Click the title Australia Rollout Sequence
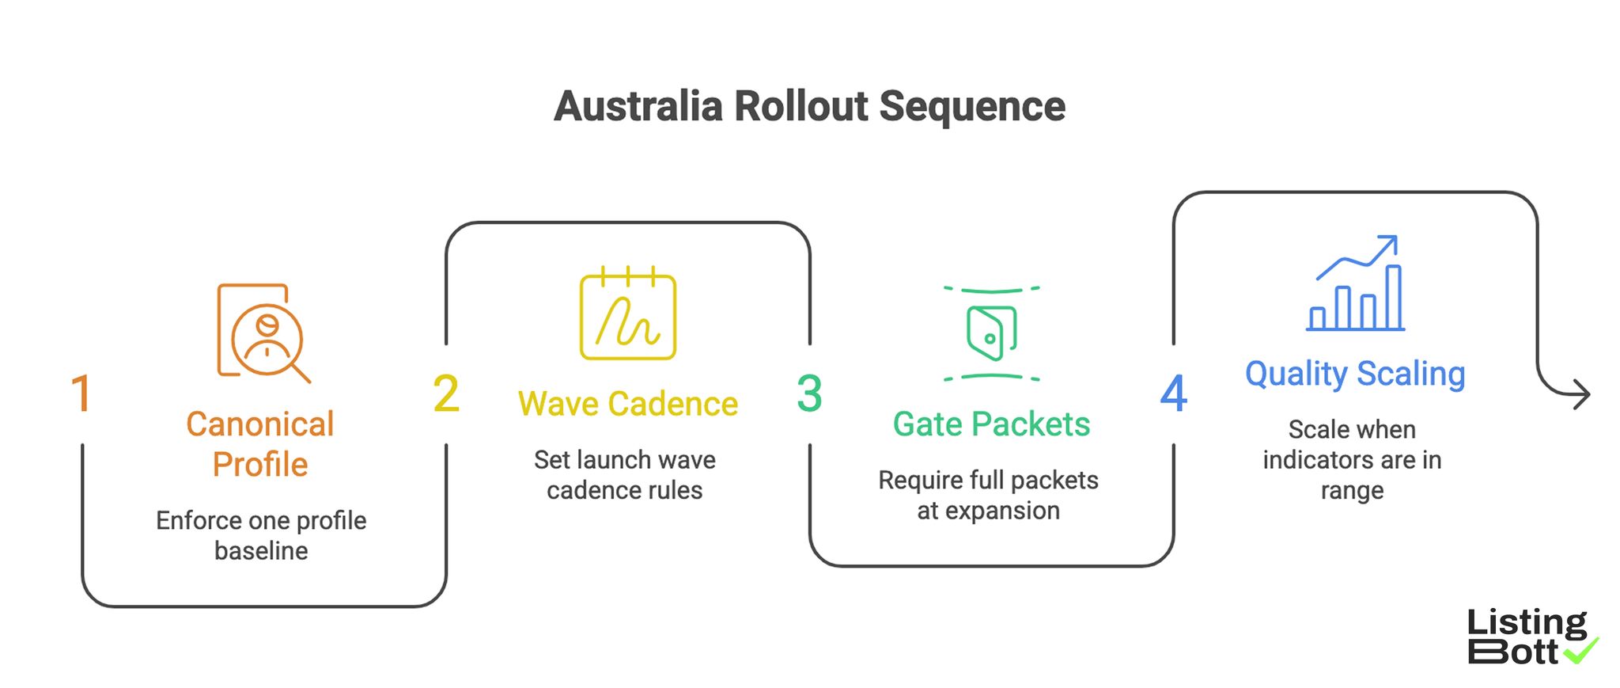(x=809, y=106)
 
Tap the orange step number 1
(x=81, y=393)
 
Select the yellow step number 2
(x=446, y=393)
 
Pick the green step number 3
(x=809, y=393)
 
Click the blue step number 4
(x=1173, y=393)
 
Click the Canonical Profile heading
(x=260, y=444)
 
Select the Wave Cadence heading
(x=627, y=404)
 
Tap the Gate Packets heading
(x=991, y=424)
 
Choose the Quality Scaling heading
(x=1355, y=374)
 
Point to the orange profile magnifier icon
(x=263, y=333)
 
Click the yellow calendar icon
(x=628, y=314)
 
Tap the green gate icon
(x=991, y=333)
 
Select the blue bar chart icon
(x=1356, y=284)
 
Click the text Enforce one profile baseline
(x=261, y=535)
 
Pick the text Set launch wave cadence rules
(x=625, y=474)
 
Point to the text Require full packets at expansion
(x=988, y=495)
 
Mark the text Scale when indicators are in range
(x=1352, y=459)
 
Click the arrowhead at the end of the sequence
(x=1581, y=394)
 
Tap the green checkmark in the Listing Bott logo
(x=1581, y=651)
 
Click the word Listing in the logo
(x=1527, y=622)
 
